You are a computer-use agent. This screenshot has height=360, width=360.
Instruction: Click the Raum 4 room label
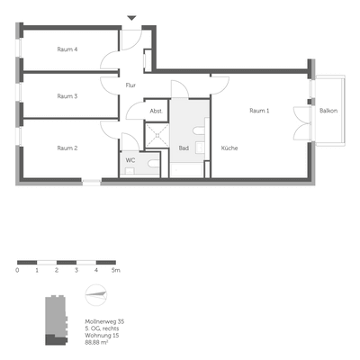pyautogui.click(x=67, y=49)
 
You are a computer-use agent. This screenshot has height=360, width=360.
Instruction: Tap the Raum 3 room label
pyautogui.click(x=67, y=96)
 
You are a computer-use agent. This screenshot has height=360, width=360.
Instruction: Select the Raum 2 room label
pyautogui.click(x=67, y=148)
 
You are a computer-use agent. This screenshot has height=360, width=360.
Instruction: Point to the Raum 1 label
pyautogui.click(x=259, y=111)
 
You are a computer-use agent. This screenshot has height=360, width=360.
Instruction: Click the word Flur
pyautogui.click(x=130, y=85)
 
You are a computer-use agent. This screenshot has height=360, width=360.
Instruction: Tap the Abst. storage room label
pyautogui.click(x=156, y=111)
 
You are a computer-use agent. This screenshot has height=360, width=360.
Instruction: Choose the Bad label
pyautogui.click(x=184, y=148)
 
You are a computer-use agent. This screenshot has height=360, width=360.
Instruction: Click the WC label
pyautogui.click(x=130, y=160)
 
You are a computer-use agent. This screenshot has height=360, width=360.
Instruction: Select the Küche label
pyautogui.click(x=229, y=148)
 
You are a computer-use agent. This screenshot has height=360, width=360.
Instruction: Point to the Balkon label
pyautogui.click(x=329, y=111)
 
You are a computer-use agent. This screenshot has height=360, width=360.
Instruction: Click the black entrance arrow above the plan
pyautogui.click(x=132, y=17)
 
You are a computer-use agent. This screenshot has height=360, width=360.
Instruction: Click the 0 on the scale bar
pyautogui.click(x=18, y=269)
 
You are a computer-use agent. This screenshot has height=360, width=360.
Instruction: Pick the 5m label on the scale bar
pyautogui.click(x=114, y=269)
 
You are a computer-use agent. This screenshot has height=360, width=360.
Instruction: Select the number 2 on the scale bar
pyautogui.click(x=57, y=269)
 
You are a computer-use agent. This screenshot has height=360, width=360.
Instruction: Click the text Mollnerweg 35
pyautogui.click(x=105, y=321)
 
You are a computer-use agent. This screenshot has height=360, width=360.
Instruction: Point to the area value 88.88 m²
pyautogui.click(x=101, y=343)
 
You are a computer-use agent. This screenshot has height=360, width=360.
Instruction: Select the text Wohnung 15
pyautogui.click(x=103, y=336)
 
